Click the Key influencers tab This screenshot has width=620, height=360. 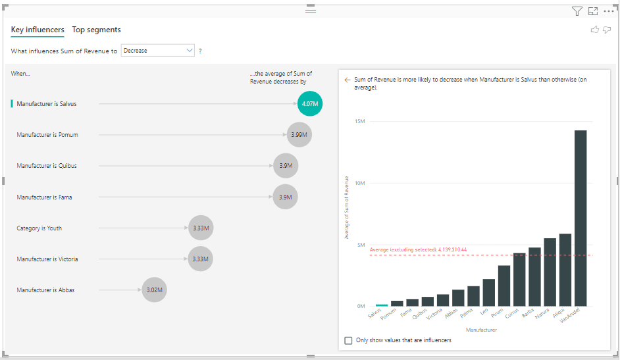(x=38, y=30)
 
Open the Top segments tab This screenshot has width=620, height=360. (x=96, y=30)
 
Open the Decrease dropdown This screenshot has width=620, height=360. (x=158, y=51)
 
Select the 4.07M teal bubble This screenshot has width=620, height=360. (x=310, y=103)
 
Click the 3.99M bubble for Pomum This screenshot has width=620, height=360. (x=299, y=134)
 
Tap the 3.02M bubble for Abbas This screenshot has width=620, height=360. (x=154, y=290)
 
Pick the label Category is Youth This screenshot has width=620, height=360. (x=39, y=228)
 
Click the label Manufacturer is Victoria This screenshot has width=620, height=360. (x=47, y=259)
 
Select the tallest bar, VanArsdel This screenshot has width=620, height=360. (x=581, y=218)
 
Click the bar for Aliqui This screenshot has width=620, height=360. (x=565, y=270)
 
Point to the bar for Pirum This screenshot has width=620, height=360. (x=504, y=286)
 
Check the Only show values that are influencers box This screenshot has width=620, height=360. (x=349, y=340)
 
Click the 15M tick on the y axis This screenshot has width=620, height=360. (x=359, y=121)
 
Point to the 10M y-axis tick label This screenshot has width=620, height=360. (x=359, y=183)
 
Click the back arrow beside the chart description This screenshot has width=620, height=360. (x=347, y=80)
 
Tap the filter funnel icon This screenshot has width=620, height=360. (x=577, y=11)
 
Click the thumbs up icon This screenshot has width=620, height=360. (x=595, y=30)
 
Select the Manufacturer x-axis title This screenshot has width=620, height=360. (x=480, y=330)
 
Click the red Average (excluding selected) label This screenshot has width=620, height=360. (x=418, y=250)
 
